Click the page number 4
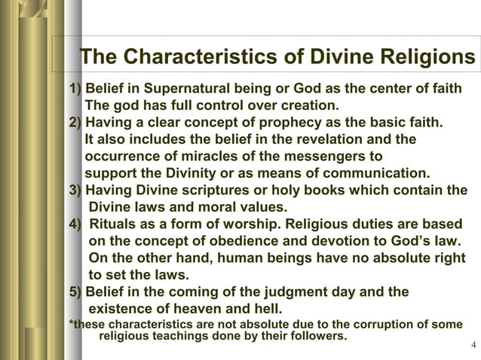pos(472,346)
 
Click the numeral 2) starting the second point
pos(75,122)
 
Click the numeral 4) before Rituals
pos(75,224)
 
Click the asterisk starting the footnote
pos(71,325)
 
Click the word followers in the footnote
pos(317,335)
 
